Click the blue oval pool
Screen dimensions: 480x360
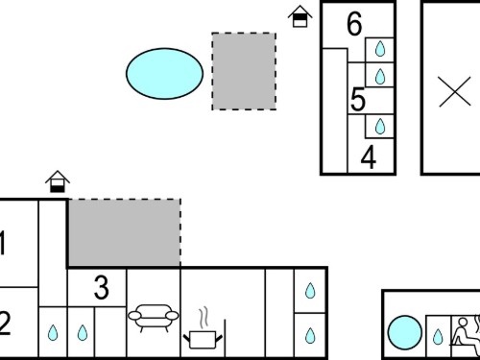(x=164, y=74)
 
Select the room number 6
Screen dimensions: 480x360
(x=354, y=24)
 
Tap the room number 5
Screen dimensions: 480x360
(x=358, y=100)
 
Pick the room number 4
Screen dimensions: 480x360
(x=369, y=157)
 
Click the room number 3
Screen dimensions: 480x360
(x=102, y=288)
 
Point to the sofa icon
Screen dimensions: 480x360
(x=154, y=318)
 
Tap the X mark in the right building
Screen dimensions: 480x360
(x=455, y=91)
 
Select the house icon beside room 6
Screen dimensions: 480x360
(x=300, y=16)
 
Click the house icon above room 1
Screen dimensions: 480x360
(x=58, y=181)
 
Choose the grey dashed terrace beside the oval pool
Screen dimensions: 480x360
(x=244, y=71)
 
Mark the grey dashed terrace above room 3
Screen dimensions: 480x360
(x=125, y=232)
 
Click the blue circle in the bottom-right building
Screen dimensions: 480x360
(x=405, y=332)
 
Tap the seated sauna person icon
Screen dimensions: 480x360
(x=463, y=332)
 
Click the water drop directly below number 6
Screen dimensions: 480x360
(x=380, y=49)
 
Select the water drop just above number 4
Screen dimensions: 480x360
(x=380, y=126)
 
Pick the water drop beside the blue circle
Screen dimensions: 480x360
(x=438, y=336)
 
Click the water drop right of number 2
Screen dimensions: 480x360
(x=53, y=333)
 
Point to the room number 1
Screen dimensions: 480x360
(x=3, y=243)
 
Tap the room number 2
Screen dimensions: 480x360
(x=5, y=324)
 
